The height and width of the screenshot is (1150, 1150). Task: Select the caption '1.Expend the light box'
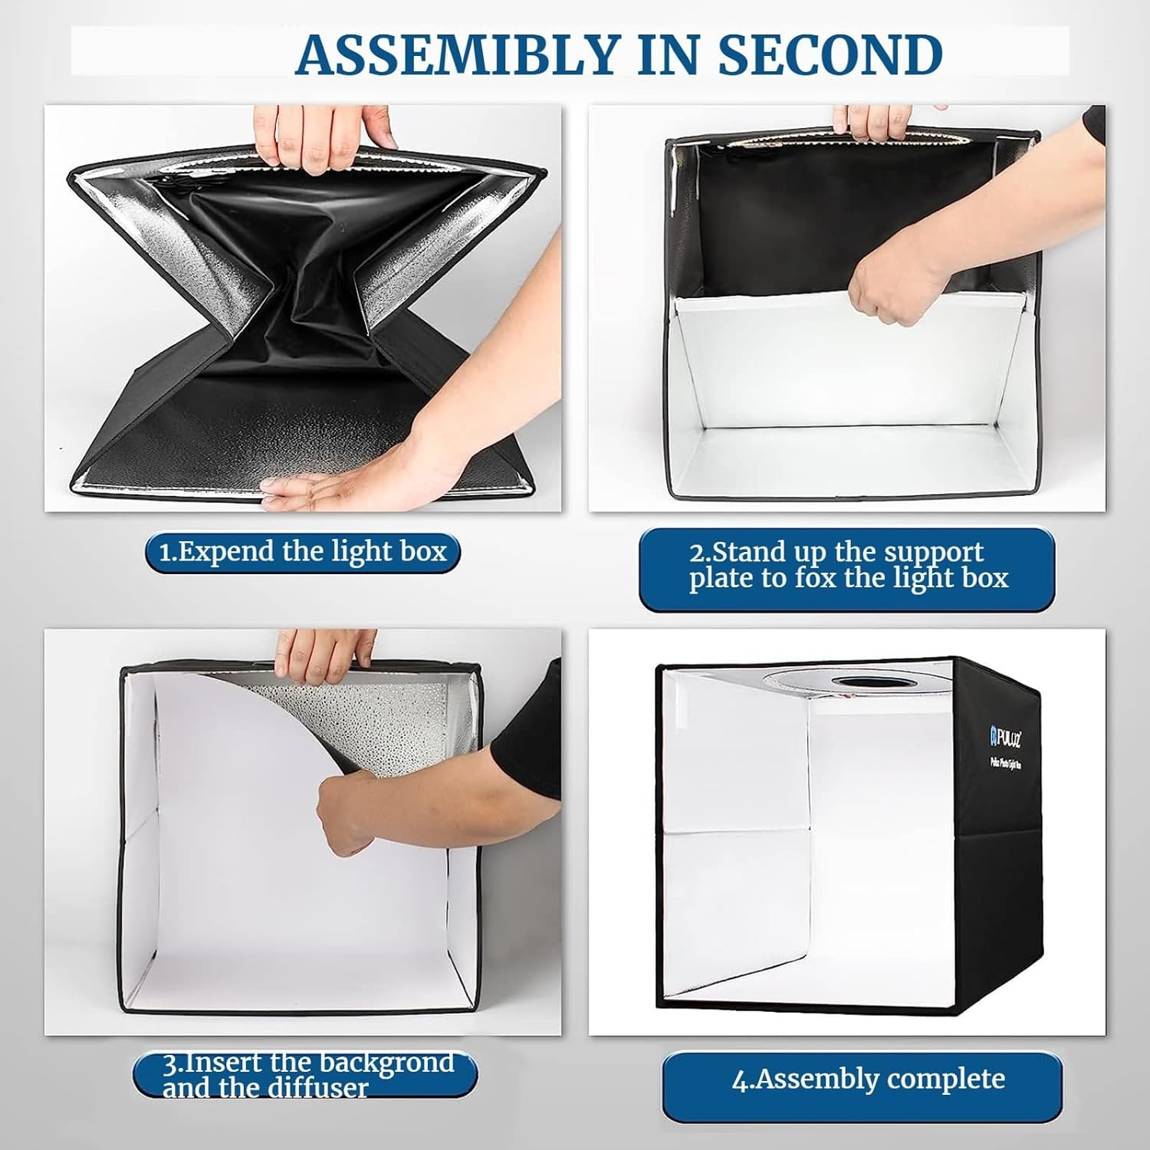pos(303,552)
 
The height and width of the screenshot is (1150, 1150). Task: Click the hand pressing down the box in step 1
pos(322,489)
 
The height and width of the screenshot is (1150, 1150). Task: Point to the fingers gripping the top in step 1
pos(322,138)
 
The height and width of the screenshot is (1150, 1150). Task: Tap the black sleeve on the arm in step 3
pos(529,728)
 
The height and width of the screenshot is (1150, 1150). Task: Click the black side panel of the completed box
pos(1004,882)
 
